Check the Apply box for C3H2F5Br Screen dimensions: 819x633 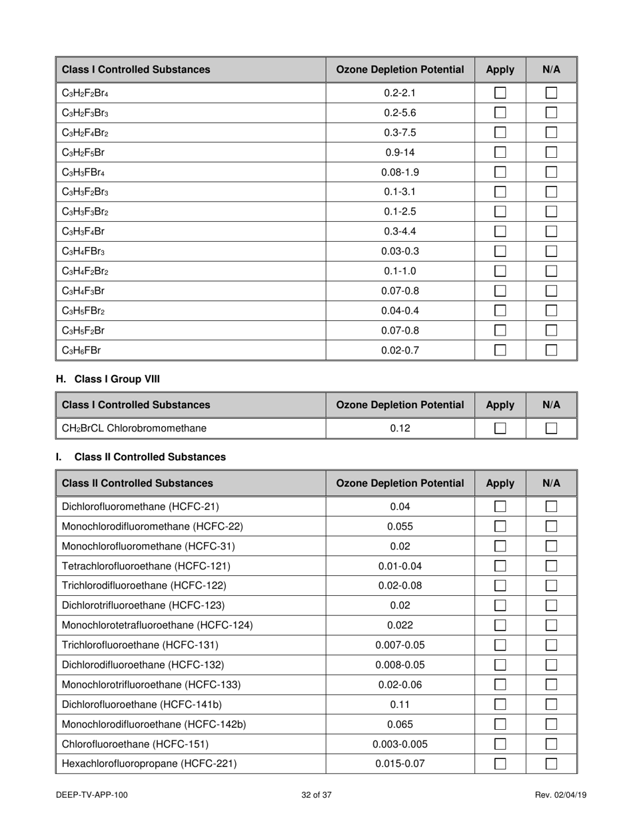click(x=500, y=152)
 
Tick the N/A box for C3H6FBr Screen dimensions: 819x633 click(x=551, y=350)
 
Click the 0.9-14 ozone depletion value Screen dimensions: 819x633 click(x=400, y=152)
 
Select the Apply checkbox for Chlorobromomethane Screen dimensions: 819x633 click(x=500, y=429)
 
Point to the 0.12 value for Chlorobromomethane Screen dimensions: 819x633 click(x=400, y=428)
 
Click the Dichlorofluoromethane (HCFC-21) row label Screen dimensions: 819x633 click(x=140, y=507)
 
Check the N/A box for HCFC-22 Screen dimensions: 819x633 click(x=551, y=527)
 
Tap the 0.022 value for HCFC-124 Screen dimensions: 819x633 click(x=400, y=625)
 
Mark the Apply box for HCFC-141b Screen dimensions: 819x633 click(x=500, y=704)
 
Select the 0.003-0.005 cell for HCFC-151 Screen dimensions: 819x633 click(x=400, y=744)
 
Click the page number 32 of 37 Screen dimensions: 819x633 click(x=316, y=794)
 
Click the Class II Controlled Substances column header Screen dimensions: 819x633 click(x=137, y=483)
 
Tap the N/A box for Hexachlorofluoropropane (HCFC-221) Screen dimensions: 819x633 click(x=551, y=764)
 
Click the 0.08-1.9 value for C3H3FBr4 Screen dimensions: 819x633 click(x=400, y=172)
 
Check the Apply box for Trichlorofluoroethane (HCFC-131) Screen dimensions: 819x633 click(x=500, y=645)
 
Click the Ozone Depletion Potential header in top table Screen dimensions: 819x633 click(x=400, y=69)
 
